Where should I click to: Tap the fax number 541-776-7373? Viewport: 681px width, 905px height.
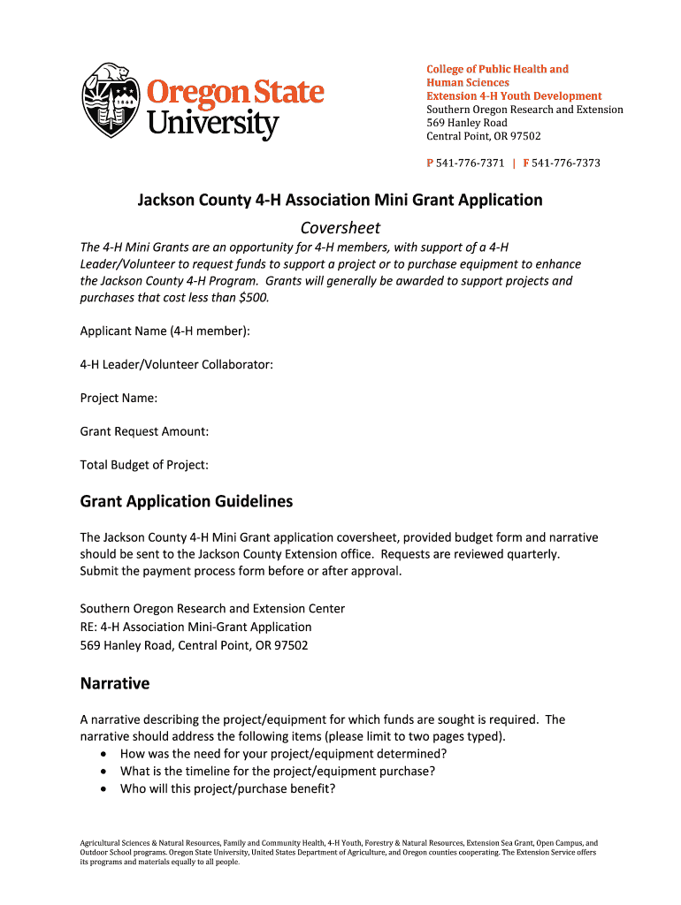tap(567, 164)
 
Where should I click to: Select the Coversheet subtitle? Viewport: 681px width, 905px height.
tap(340, 228)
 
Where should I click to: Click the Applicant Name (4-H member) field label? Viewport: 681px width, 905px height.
tap(165, 331)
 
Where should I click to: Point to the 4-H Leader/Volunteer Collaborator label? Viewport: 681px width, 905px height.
tap(176, 364)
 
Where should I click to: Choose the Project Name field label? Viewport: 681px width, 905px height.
tap(119, 398)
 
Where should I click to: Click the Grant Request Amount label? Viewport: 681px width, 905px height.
tap(144, 431)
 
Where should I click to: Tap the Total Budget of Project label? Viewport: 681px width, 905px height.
tap(144, 465)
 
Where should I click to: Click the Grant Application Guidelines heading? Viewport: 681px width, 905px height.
tap(186, 502)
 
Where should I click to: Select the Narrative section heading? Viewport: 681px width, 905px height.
tap(115, 684)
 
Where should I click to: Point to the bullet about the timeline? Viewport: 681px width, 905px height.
tap(278, 771)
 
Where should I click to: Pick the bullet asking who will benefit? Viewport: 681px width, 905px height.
tap(227, 788)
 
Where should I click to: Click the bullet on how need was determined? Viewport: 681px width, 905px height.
tap(283, 754)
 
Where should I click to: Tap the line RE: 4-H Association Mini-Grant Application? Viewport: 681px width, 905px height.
tap(195, 627)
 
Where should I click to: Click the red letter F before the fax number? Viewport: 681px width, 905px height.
tap(526, 164)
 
